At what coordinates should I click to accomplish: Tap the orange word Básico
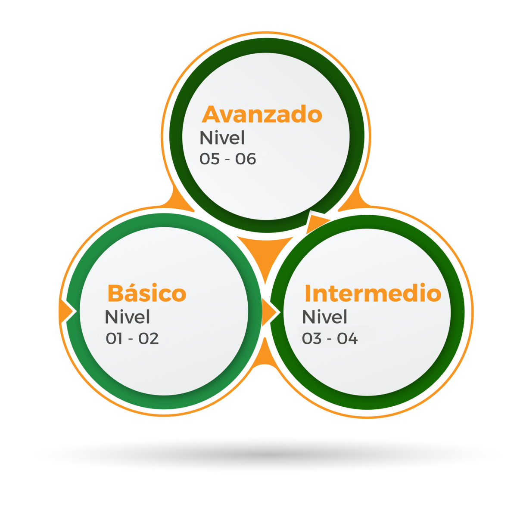click(146, 294)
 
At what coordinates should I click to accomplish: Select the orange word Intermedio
click(373, 294)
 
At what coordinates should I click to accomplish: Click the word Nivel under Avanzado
click(222, 138)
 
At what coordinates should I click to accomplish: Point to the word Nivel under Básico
click(127, 317)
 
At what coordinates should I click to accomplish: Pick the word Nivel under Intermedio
click(324, 317)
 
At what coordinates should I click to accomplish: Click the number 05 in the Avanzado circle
click(210, 159)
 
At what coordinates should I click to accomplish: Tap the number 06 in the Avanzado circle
click(246, 159)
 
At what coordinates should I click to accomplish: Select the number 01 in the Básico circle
click(115, 339)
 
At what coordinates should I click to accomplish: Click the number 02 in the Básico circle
click(149, 339)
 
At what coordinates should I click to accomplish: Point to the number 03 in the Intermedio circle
click(311, 339)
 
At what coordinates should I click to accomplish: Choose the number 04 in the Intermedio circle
click(347, 339)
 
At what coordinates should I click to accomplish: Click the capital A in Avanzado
click(210, 114)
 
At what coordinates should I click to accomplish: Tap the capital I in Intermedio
click(307, 294)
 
